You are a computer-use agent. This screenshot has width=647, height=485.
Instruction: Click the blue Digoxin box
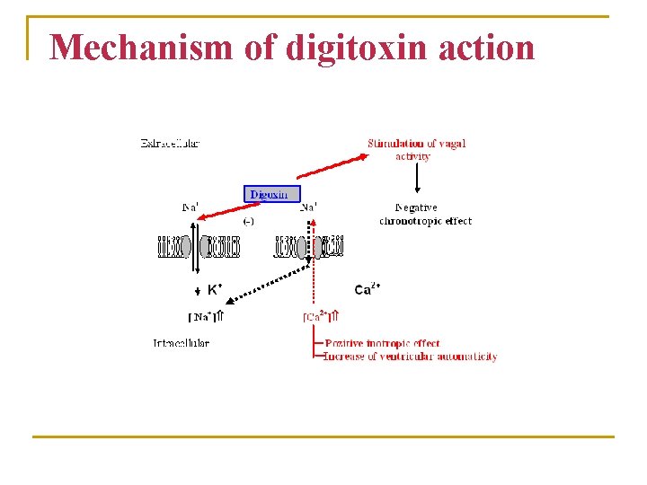pyautogui.click(x=270, y=194)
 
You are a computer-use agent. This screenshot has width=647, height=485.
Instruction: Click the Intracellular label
pyautogui.click(x=181, y=343)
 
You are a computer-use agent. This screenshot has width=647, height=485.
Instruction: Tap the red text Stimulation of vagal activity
pyautogui.click(x=416, y=149)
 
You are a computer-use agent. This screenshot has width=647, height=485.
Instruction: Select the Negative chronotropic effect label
pyautogui.click(x=425, y=214)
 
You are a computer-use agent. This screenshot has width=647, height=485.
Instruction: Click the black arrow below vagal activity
pyautogui.click(x=417, y=178)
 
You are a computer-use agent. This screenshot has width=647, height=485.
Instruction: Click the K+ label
pyautogui.click(x=216, y=289)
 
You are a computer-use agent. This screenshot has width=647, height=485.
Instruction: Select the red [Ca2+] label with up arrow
pyautogui.click(x=320, y=316)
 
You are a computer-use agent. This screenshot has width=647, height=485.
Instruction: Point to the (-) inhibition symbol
pyautogui.click(x=249, y=220)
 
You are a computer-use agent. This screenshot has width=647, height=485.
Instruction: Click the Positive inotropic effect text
pyautogui.click(x=383, y=344)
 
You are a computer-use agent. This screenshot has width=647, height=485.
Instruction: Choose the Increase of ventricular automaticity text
pyautogui.click(x=410, y=357)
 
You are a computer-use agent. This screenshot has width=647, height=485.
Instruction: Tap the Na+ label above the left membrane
pyautogui.click(x=191, y=207)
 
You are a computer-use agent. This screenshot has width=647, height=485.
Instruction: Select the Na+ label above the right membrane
pyautogui.click(x=308, y=207)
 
